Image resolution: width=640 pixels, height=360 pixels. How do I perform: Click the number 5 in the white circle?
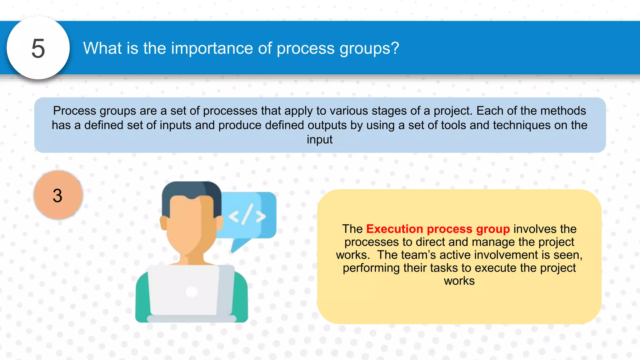tap(38, 49)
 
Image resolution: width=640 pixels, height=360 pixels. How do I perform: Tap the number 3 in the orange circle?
tap(57, 196)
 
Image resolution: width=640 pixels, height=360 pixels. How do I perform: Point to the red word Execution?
tap(395, 229)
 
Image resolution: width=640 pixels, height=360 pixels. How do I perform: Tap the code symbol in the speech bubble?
tap(247, 215)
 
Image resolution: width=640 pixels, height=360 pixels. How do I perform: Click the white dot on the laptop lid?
tap(192, 292)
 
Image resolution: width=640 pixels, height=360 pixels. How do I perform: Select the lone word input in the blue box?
tap(319, 139)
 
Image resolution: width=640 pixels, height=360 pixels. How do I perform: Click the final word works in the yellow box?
tap(459, 281)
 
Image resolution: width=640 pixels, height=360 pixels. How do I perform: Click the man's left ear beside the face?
tap(163, 222)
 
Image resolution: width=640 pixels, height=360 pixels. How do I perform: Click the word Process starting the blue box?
tap(75, 111)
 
